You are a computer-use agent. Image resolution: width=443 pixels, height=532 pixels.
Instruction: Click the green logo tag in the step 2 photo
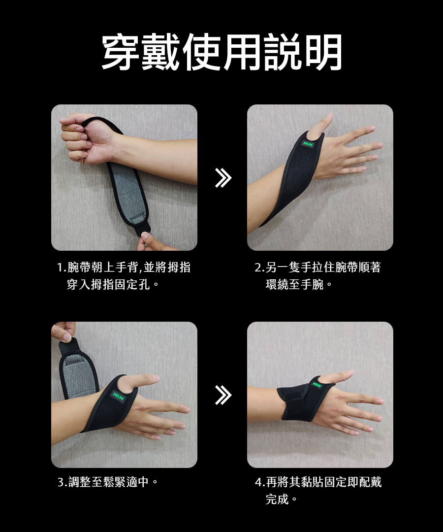point(308,144)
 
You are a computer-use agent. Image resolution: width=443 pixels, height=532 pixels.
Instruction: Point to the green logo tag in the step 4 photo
point(316,385)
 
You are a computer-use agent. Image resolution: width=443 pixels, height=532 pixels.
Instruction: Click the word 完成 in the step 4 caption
point(277,499)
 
